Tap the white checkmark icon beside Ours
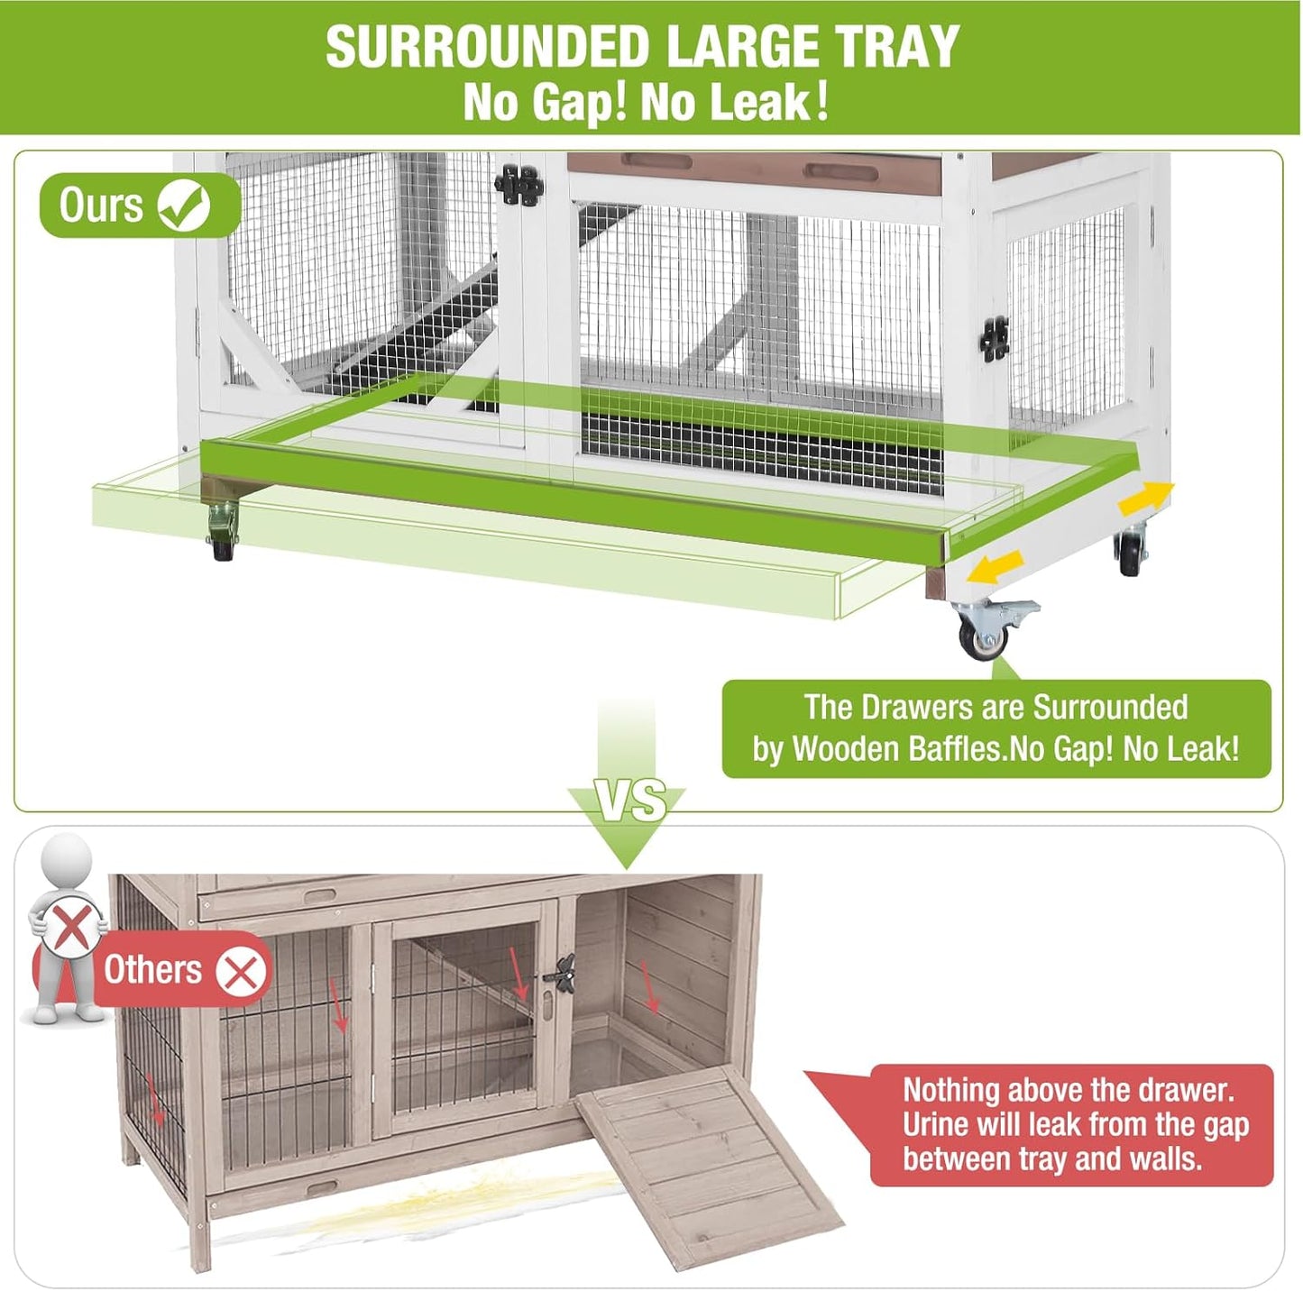pos(184,206)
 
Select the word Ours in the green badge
pos(101,206)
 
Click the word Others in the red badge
pos(152,971)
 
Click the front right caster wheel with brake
pos(986,632)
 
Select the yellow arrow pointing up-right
pos(1147,496)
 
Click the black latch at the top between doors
pos(520,186)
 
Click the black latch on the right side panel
pos(995,340)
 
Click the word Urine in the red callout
pos(937,1125)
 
